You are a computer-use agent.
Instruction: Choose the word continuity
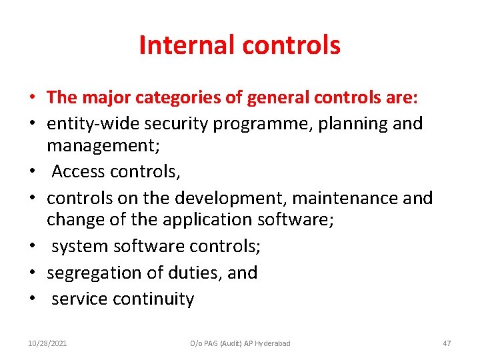point(154,299)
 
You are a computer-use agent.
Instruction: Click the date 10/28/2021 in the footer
point(47,343)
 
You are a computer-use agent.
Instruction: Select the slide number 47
point(447,343)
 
